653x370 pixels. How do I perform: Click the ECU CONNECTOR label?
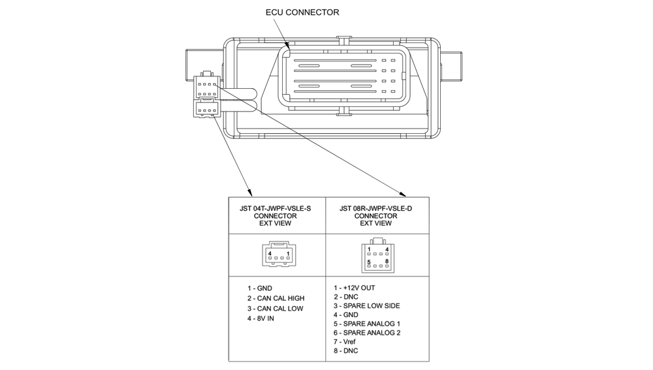tap(302, 12)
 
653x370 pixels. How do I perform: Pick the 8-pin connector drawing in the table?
tap(377, 255)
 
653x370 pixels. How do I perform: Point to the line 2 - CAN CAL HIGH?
tap(276, 298)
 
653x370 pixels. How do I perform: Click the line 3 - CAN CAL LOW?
tap(275, 309)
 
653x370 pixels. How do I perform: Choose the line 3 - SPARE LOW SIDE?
tap(366, 305)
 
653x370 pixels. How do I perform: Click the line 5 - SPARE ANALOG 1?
tap(367, 324)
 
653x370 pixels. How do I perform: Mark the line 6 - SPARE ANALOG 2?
tap(367, 333)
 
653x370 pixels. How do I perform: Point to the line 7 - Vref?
tap(345, 342)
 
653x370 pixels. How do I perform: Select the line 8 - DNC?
tap(345, 351)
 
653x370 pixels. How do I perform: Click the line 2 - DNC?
tap(346, 297)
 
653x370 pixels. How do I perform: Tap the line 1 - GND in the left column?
tap(260, 288)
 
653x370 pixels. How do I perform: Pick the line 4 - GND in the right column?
tap(346, 315)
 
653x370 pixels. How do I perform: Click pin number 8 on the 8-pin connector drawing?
tap(387, 261)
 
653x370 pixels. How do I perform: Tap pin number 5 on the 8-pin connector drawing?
tap(369, 262)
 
